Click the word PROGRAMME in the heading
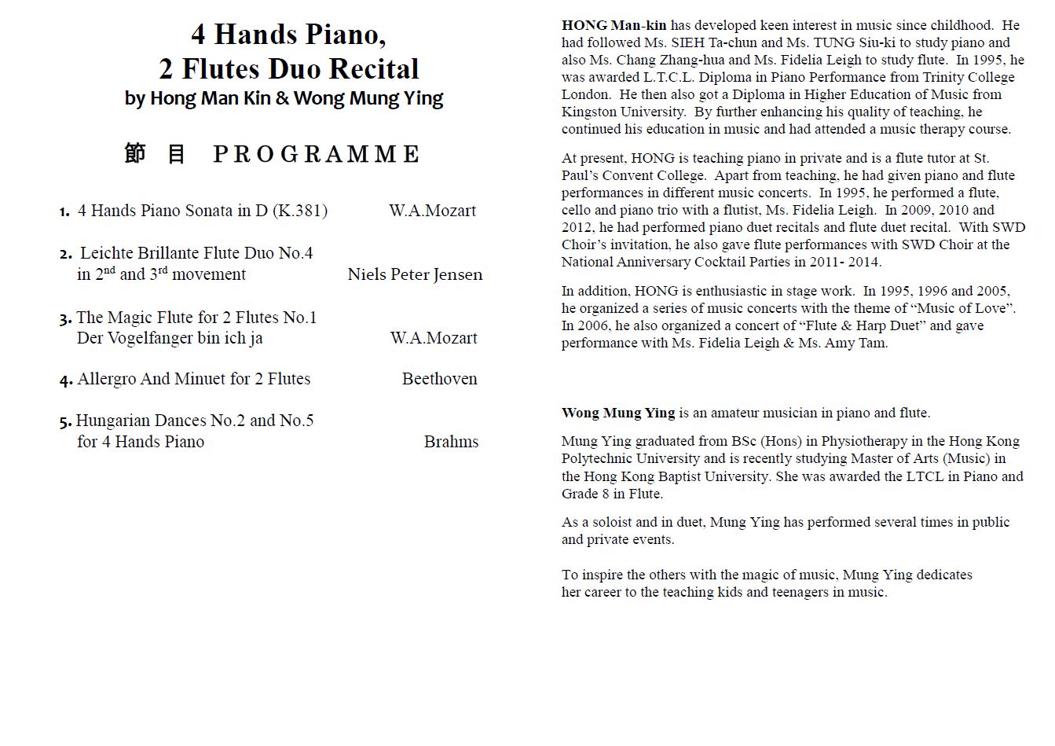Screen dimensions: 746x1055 pos(317,154)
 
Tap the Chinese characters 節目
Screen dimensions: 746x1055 pos(155,154)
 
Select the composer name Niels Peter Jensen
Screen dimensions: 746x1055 pos(415,274)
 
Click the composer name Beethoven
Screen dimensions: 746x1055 pos(439,379)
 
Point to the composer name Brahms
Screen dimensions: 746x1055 pos(451,442)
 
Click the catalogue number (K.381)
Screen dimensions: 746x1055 pos(300,211)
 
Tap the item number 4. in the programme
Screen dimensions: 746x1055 pos(66,380)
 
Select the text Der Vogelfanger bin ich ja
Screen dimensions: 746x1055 pos(170,338)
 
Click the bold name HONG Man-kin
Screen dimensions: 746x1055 pos(614,25)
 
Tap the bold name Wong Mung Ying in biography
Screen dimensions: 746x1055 pos(618,413)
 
